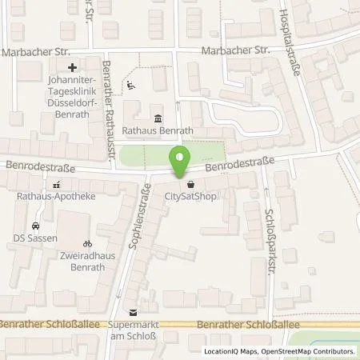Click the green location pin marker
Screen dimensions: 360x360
point(181,160)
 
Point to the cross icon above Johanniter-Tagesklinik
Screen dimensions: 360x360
point(73,67)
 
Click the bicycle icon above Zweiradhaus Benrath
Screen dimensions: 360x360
point(88,242)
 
